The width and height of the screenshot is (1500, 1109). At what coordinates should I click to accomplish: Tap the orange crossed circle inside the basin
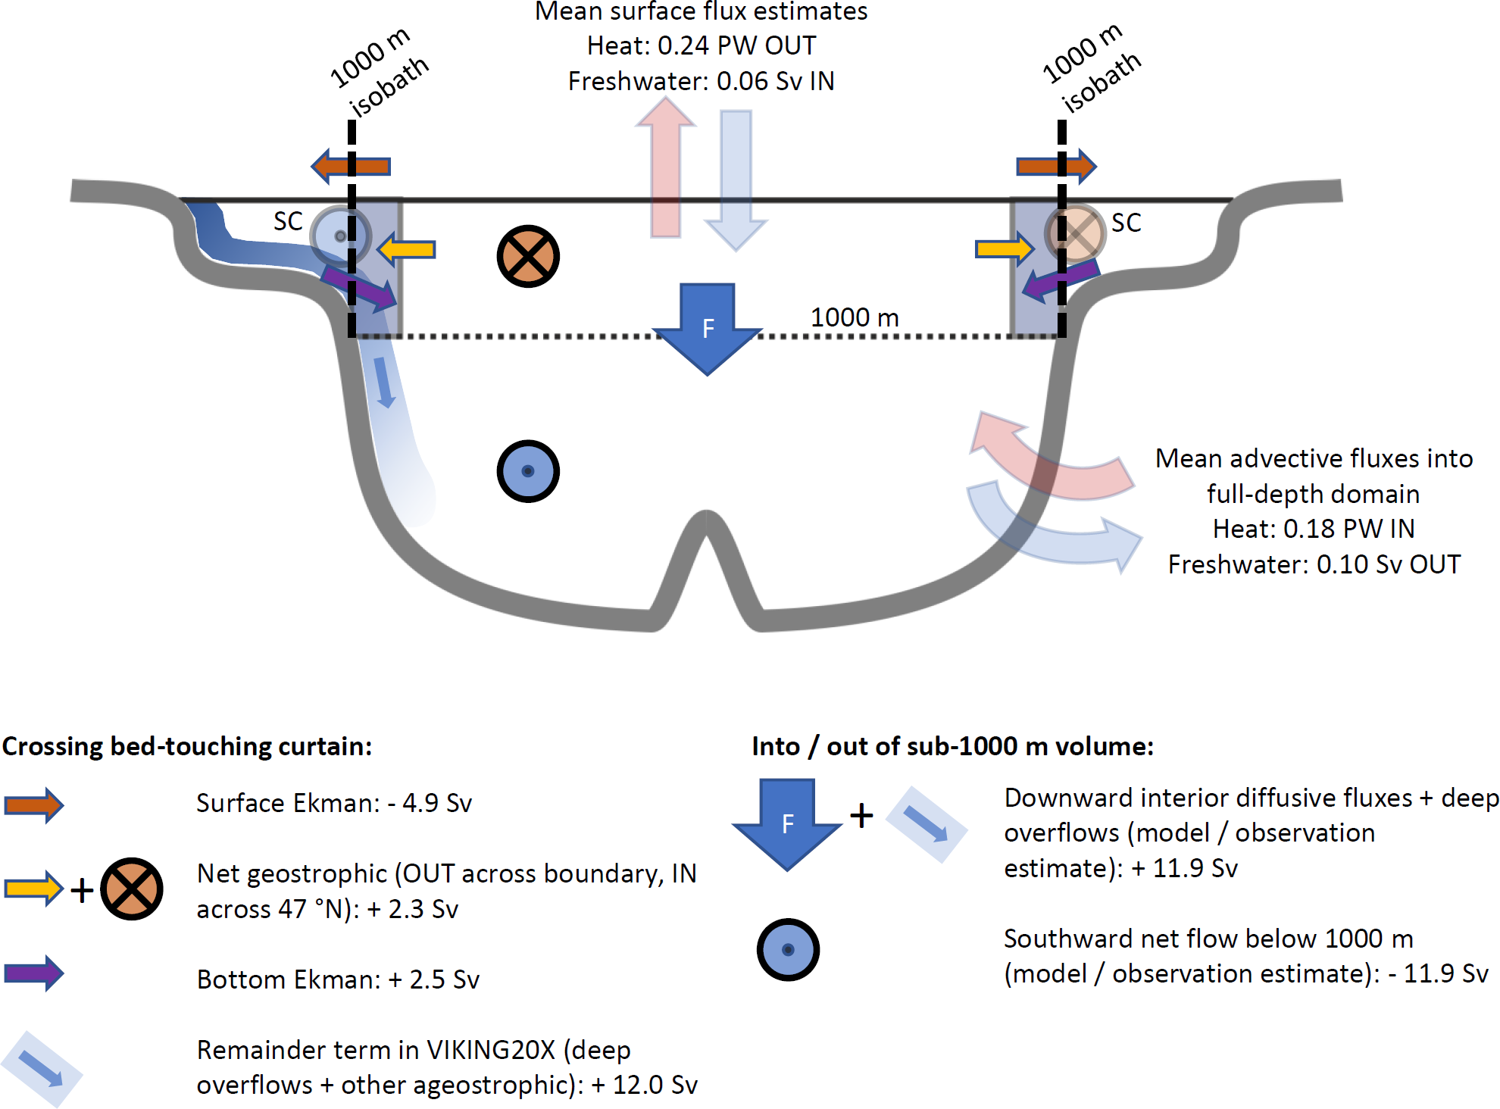click(528, 256)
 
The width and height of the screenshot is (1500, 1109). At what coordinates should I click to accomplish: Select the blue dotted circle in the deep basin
click(528, 471)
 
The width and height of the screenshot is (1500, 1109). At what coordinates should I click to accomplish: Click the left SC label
click(288, 221)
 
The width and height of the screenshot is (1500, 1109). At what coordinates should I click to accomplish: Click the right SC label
click(1126, 223)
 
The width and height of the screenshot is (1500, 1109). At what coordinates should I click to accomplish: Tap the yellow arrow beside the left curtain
click(407, 249)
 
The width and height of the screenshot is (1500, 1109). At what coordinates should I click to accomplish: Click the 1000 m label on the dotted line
click(855, 317)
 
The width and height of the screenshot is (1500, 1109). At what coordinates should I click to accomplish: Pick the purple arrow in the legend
click(34, 973)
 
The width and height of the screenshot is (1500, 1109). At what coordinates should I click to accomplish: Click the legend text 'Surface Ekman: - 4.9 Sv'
click(334, 803)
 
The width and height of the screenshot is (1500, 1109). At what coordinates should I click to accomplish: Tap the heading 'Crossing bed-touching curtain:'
click(187, 746)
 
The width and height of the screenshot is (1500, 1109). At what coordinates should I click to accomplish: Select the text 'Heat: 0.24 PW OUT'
click(702, 45)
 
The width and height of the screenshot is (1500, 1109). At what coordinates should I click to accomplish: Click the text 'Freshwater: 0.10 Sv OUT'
click(1314, 564)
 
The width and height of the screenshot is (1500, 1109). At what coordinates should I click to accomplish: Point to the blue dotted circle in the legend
click(788, 950)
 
